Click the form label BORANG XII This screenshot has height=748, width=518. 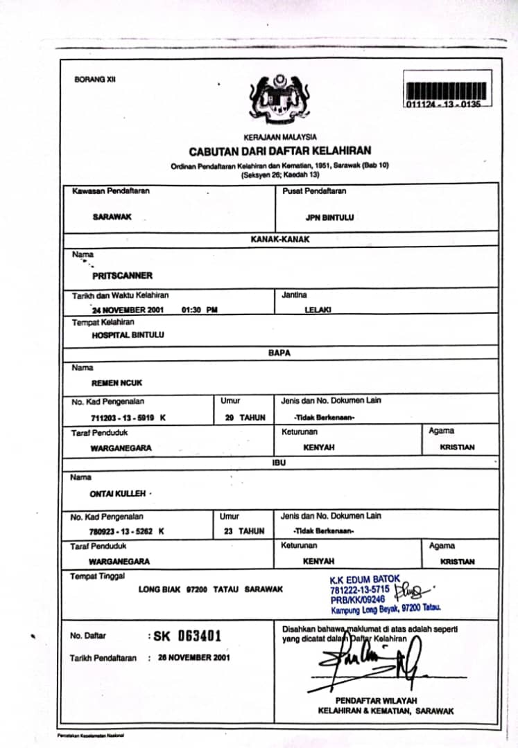(x=95, y=80)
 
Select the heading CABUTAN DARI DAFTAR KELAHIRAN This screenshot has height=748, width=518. (x=279, y=151)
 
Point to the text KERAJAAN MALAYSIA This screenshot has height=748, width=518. (x=280, y=137)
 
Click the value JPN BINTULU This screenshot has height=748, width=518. (x=329, y=217)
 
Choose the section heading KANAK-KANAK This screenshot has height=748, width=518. (x=280, y=239)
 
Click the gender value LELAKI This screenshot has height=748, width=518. (x=319, y=310)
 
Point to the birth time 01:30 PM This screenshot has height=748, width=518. (x=199, y=310)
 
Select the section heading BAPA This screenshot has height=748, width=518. (x=279, y=353)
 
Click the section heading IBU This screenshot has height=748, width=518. (x=278, y=461)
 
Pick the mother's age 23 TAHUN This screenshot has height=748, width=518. (x=242, y=531)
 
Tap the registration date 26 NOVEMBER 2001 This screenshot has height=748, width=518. (x=194, y=657)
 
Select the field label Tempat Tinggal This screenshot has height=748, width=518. (x=97, y=576)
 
